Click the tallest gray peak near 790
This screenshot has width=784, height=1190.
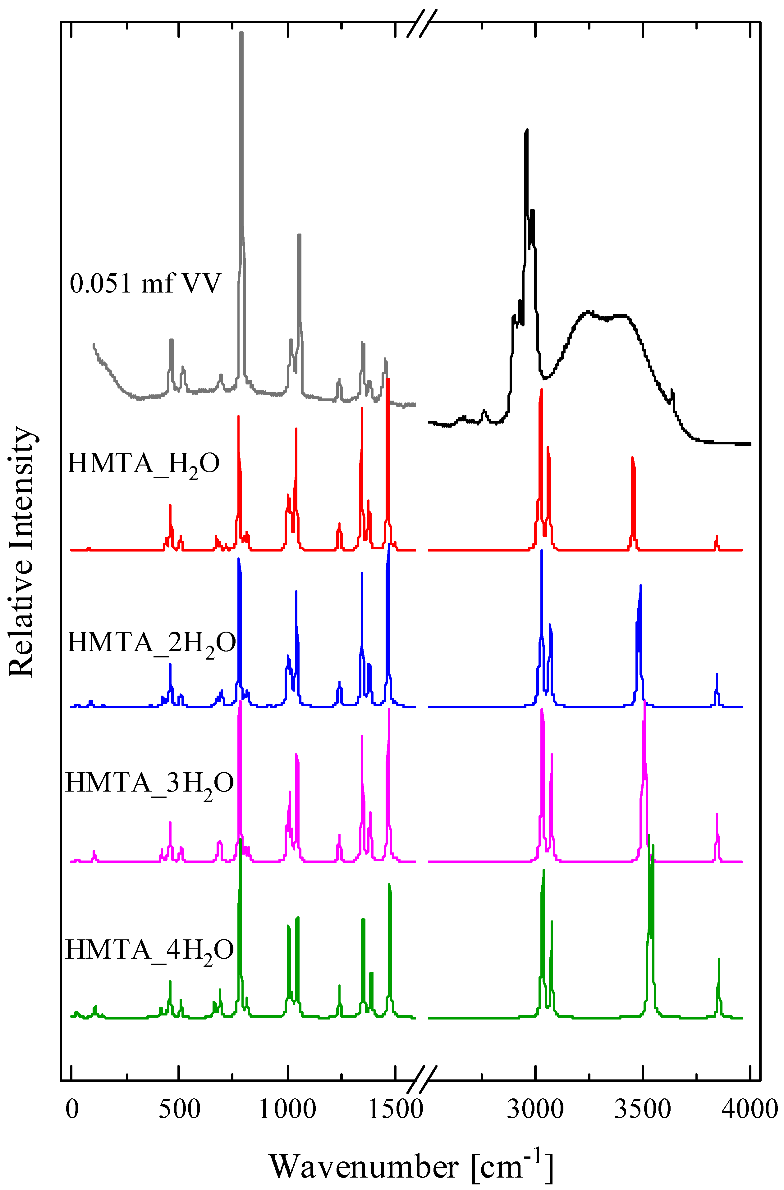[241, 35]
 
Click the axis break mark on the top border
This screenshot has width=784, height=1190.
[422, 22]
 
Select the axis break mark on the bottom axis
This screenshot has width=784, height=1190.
[422, 1081]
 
